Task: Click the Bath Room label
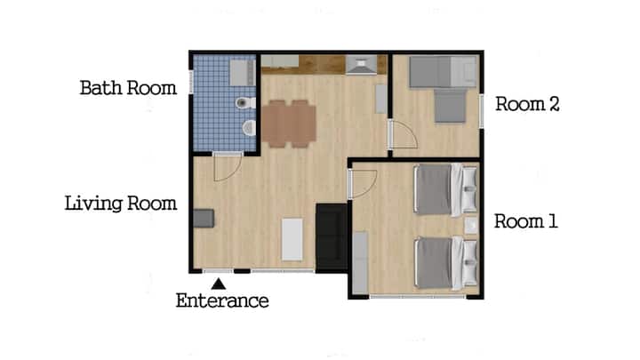tap(128, 88)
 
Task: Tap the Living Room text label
tap(121, 204)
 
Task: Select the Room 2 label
tap(527, 104)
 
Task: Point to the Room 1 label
tap(525, 221)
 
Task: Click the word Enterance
tap(222, 300)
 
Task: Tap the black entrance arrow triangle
tap(219, 284)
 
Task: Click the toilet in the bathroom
tap(245, 103)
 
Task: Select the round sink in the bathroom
tap(249, 128)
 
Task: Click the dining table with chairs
tap(289, 124)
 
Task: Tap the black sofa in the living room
tap(332, 237)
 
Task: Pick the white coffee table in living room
tap(292, 240)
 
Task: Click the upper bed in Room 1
tap(445, 188)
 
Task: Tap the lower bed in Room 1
tap(445, 263)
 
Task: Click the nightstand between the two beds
tap(470, 225)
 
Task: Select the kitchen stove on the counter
tap(361, 65)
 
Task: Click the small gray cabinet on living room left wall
tap(204, 219)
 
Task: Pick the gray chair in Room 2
tap(450, 106)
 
